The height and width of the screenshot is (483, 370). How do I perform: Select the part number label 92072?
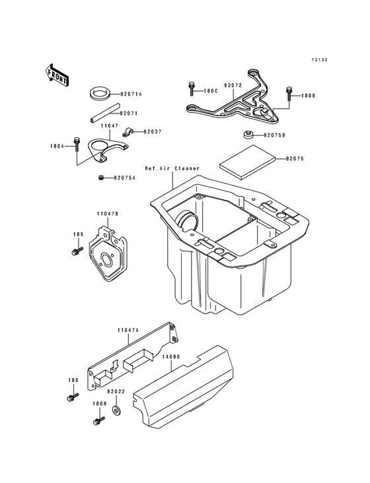click(233, 86)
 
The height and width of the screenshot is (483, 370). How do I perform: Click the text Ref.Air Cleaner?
click(172, 169)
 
